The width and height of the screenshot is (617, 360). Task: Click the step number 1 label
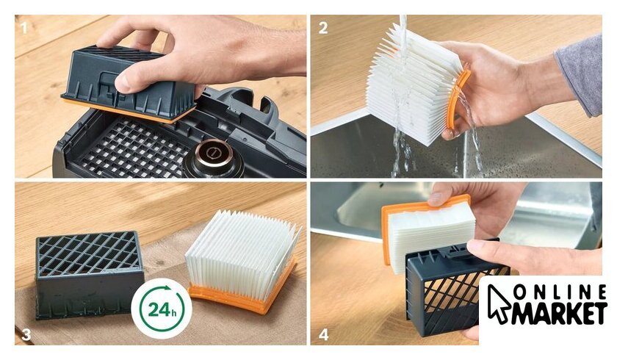(x=24, y=28)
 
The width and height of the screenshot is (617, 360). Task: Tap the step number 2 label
(x=323, y=28)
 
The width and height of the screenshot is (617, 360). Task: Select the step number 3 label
(x=26, y=334)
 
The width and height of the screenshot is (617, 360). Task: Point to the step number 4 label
(x=323, y=335)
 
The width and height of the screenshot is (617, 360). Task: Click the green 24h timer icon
(x=162, y=309)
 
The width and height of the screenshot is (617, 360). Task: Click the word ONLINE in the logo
(x=560, y=292)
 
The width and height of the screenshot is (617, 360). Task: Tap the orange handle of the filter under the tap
(x=458, y=101)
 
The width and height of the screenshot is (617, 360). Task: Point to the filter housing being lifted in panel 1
(x=129, y=84)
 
